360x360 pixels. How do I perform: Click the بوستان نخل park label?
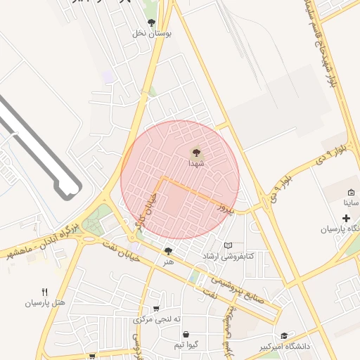(x=154, y=32)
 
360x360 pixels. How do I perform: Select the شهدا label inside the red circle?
(x=195, y=162)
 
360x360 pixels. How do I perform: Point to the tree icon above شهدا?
(x=195, y=152)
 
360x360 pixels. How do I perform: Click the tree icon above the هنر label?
(x=168, y=251)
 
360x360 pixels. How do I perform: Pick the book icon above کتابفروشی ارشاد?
(x=227, y=245)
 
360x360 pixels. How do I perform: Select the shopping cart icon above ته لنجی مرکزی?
(x=155, y=308)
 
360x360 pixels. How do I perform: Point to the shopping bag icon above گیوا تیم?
(x=185, y=335)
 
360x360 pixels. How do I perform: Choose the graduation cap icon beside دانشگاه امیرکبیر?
(x=284, y=336)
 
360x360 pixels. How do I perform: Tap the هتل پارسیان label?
(x=45, y=303)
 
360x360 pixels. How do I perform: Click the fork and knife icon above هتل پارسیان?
(x=45, y=292)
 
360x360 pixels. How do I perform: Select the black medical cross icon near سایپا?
(x=346, y=219)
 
